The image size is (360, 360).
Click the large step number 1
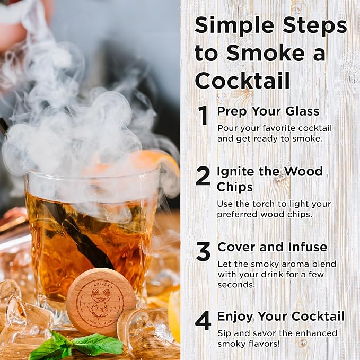point(203,116)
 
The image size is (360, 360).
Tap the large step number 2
point(203,176)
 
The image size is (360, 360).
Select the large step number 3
point(203,252)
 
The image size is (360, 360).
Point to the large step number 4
point(203,321)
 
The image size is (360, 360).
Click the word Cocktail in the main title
point(242,80)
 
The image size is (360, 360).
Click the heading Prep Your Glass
point(268,111)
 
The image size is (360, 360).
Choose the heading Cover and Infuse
point(273,247)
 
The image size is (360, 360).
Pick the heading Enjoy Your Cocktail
point(281,317)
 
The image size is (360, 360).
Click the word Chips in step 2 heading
point(235,187)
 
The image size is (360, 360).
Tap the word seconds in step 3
point(236,285)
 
